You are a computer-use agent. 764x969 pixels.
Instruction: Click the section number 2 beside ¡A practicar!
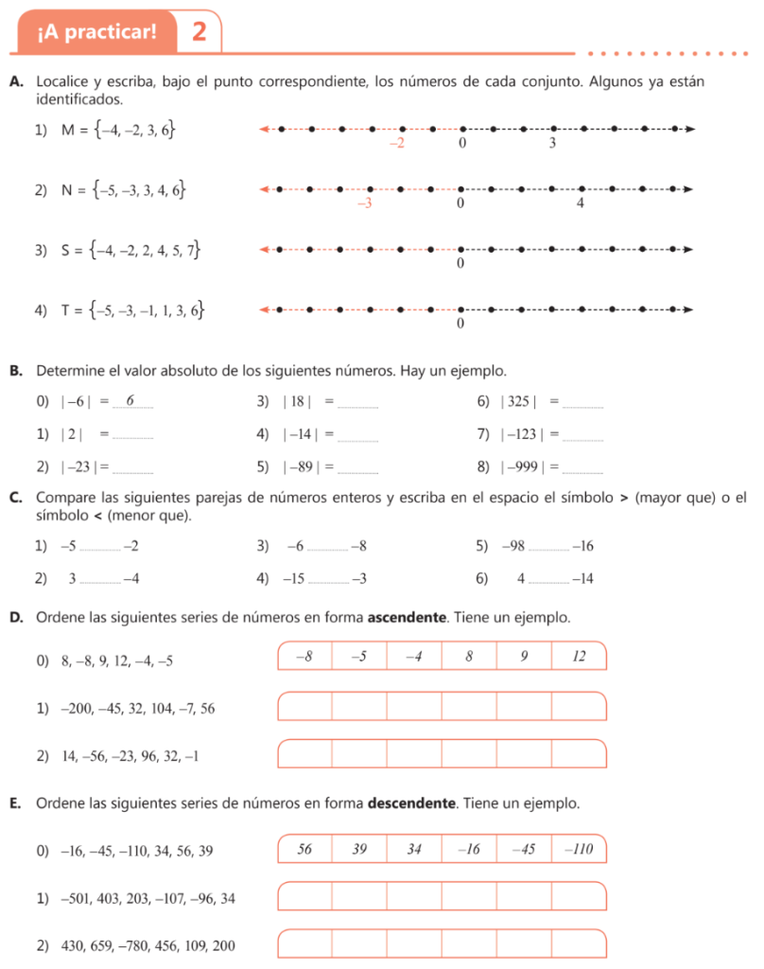(x=199, y=32)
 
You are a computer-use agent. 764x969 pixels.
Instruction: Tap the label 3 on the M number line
(x=552, y=145)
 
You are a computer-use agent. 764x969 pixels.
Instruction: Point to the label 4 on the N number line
(x=581, y=203)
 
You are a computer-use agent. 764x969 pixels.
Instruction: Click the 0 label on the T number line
(x=460, y=324)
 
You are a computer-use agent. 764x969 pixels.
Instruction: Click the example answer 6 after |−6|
(x=130, y=401)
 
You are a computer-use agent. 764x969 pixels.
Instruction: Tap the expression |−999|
(x=525, y=467)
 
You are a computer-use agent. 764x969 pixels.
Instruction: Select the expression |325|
(x=519, y=402)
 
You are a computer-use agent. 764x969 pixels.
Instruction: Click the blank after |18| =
(x=358, y=405)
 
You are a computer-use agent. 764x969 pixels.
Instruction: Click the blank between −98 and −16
(x=549, y=550)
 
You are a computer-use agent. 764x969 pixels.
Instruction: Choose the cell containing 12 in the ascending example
(x=579, y=656)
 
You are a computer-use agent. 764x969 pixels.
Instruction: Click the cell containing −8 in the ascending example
(x=304, y=656)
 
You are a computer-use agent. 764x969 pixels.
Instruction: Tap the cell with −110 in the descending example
(x=578, y=849)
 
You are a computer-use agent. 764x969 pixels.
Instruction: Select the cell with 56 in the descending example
(x=304, y=849)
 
